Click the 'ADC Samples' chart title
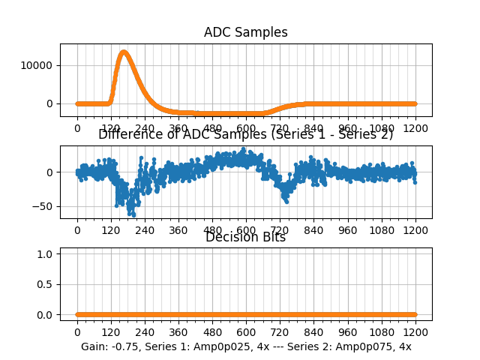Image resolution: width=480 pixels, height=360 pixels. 245,32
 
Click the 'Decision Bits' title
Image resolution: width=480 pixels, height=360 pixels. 245,238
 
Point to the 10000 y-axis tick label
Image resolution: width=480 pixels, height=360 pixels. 37,65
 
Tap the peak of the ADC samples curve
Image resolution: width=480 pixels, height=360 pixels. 124,52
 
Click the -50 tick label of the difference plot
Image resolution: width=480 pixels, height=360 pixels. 45,206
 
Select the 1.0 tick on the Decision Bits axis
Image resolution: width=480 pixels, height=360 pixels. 46,254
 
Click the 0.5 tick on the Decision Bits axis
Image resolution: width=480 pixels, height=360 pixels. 46,284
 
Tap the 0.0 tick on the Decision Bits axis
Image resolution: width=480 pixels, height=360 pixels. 46,315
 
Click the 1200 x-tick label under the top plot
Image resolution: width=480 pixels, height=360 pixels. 415,128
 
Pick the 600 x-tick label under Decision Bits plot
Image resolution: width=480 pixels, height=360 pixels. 246,332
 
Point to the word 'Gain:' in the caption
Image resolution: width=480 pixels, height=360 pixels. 94,346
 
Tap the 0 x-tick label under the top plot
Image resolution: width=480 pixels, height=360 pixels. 76,128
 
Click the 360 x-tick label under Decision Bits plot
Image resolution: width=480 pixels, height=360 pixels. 178,332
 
